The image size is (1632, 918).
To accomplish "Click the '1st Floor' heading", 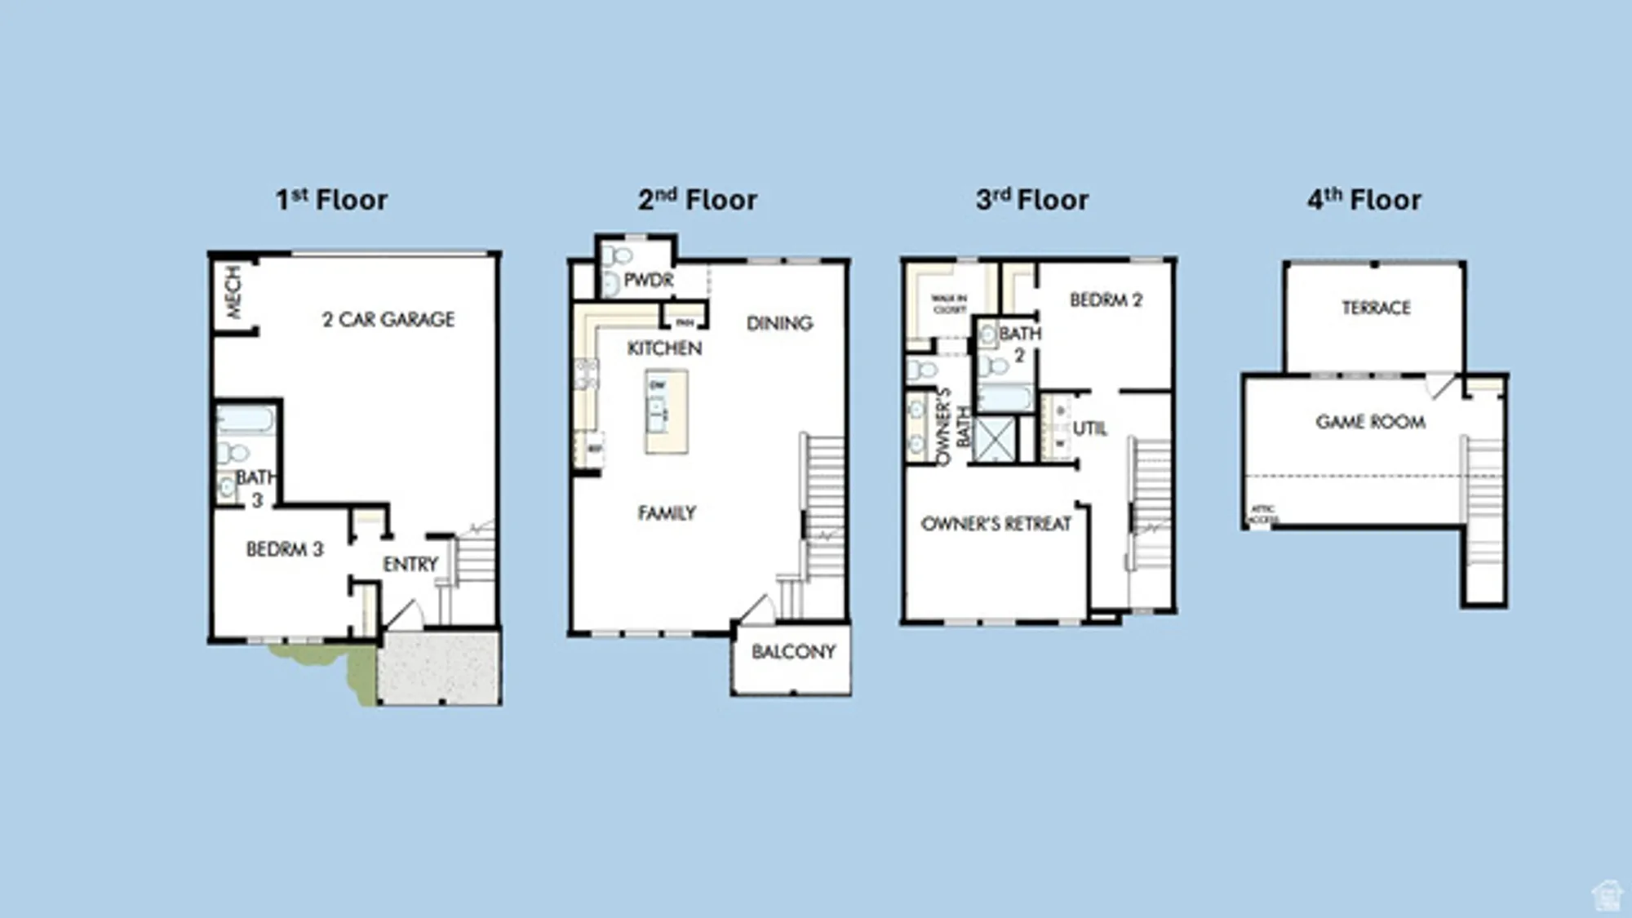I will (331, 200).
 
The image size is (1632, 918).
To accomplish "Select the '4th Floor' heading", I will (1364, 200).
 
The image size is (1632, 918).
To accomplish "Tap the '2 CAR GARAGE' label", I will (388, 319).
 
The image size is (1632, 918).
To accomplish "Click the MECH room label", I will (233, 291).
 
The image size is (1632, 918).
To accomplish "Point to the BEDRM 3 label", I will (285, 549).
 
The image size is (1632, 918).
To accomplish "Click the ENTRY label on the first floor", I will (410, 564).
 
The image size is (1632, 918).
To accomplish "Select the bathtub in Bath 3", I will (245, 420).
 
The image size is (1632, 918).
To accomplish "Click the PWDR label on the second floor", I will (649, 280).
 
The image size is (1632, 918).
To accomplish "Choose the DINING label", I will (779, 323).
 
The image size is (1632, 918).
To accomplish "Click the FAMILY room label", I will (667, 512).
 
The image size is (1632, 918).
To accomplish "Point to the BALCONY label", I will (793, 651).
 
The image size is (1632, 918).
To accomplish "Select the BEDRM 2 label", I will (1106, 300).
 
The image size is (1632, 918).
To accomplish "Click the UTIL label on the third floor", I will (1089, 428).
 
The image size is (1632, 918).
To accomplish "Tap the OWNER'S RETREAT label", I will (996, 524).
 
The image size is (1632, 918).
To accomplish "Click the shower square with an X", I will (995, 439).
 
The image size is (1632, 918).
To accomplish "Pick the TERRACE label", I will (1376, 308).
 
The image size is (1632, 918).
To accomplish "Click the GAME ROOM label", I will (1370, 422).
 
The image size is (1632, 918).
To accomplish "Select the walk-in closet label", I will (949, 304).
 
